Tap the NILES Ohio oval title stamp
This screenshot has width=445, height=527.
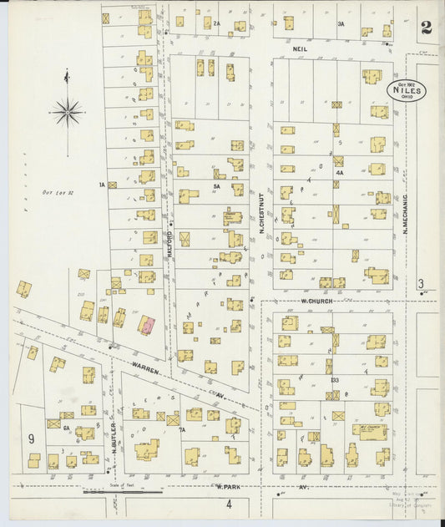click(407, 91)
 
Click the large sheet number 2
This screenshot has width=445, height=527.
click(427, 28)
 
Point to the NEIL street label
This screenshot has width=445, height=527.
click(299, 49)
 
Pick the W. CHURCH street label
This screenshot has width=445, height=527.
click(317, 300)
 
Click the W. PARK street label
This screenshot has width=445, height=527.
click(226, 485)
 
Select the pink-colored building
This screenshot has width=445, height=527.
click(146, 326)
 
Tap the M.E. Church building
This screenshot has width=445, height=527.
click(369, 431)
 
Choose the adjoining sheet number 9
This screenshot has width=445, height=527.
click(31, 438)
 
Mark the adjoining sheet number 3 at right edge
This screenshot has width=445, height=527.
click(422, 283)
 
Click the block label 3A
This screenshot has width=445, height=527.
click(341, 25)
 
